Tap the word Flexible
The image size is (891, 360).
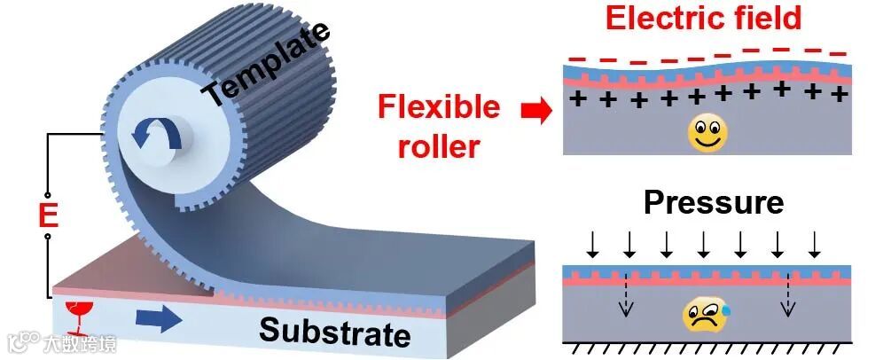[x=439, y=108]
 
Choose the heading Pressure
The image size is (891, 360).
[x=714, y=202]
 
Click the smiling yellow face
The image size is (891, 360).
[x=707, y=133]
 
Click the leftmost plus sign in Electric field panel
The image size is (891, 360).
[x=577, y=98]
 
